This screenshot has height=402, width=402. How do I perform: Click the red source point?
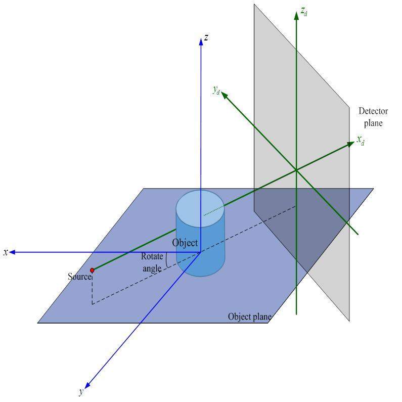pos(92,271)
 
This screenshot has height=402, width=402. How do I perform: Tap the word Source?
pos(79,277)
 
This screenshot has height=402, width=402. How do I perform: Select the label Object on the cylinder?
pos(185,243)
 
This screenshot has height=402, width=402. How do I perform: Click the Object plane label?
pos(249,317)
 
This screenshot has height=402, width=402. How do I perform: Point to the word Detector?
pos(373,111)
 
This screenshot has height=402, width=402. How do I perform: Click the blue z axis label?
pos(206,37)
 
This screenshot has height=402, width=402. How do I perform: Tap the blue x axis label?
pos(6,252)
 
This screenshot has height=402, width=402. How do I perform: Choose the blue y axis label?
pos(81,392)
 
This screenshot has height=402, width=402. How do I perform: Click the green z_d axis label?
pos(303,11)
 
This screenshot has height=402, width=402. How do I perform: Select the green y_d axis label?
pos(216,90)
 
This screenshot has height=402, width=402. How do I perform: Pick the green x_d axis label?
pos(361,140)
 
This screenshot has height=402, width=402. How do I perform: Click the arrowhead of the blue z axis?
pos(201,41)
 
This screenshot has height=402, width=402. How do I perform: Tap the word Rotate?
pos(152,256)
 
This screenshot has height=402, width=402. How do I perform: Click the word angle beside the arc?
pos(152,269)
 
